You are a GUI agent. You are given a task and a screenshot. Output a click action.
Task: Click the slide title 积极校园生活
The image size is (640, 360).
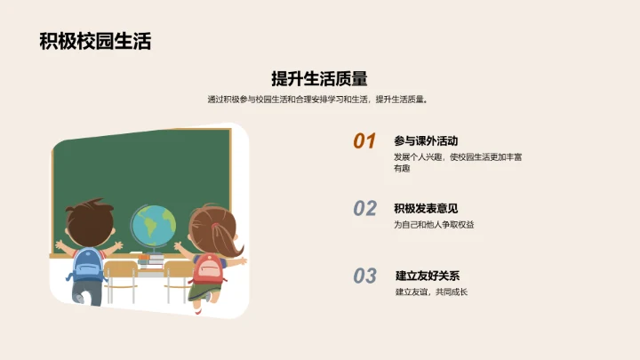point(95,41)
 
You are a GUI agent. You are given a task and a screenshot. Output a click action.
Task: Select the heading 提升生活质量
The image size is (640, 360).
point(319,78)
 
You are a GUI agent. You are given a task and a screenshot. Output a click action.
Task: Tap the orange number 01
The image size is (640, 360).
point(365,141)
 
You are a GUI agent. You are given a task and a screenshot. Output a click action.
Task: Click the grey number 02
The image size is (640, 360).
point(365,209)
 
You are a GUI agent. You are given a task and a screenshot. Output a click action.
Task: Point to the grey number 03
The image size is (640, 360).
point(365,276)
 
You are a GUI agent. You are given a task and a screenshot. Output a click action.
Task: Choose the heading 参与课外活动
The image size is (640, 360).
point(426,140)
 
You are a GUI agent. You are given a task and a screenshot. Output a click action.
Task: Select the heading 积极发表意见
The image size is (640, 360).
point(426,208)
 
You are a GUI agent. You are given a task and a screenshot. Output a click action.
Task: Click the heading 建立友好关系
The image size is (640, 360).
point(427,276)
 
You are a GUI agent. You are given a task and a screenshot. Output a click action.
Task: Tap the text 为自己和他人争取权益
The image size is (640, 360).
point(434,225)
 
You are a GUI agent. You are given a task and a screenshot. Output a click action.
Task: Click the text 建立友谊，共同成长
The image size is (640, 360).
point(431,292)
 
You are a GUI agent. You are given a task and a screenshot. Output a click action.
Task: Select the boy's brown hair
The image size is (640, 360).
point(90,216)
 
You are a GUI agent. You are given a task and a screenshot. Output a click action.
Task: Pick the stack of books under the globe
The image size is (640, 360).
point(153,259)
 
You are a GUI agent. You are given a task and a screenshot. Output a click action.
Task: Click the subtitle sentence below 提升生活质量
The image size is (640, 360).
point(319,100)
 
